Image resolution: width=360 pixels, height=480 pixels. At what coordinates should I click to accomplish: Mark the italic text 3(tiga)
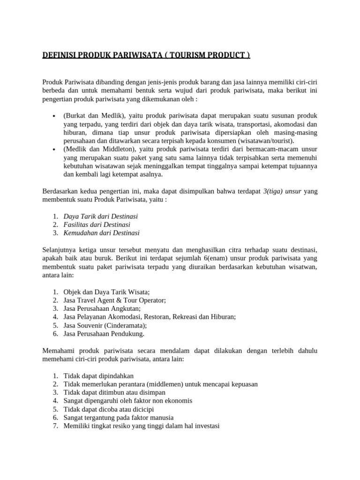tap(273, 191)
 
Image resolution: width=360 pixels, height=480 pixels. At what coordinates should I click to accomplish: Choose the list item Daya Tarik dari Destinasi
tap(100, 216)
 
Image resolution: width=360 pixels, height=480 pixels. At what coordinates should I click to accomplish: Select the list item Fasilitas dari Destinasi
tap(97, 225)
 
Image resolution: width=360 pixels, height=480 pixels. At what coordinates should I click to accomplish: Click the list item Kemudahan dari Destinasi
tap(101, 232)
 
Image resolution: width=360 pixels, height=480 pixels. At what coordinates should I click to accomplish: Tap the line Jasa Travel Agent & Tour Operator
tap(114, 300)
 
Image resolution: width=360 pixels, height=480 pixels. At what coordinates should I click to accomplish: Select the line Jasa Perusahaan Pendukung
tap(104, 334)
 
